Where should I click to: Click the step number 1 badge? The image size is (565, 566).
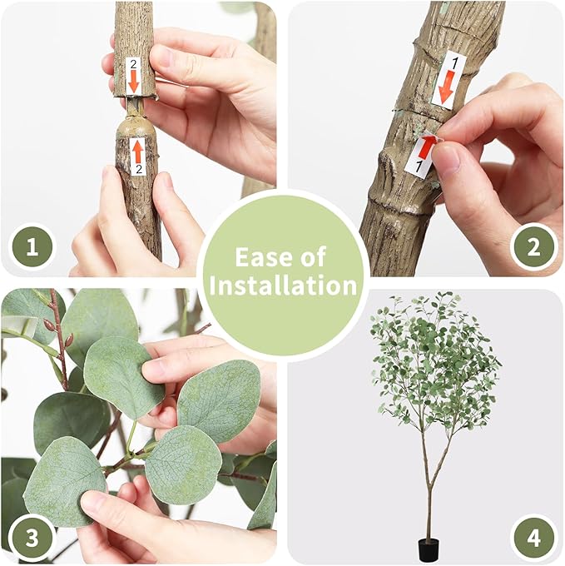tap(32, 247)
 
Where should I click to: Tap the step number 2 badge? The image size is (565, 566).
tap(533, 247)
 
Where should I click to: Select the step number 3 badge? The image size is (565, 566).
tap(32, 537)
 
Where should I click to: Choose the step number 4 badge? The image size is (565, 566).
tap(533, 537)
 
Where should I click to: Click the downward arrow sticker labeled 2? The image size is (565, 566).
tap(133, 77)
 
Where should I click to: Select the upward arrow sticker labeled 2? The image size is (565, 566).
tap(137, 156)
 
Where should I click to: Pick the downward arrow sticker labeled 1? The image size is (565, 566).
tap(448, 80)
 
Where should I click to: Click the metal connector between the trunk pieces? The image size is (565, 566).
tap(133, 105)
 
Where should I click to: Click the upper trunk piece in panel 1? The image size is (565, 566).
tap(134, 42)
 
